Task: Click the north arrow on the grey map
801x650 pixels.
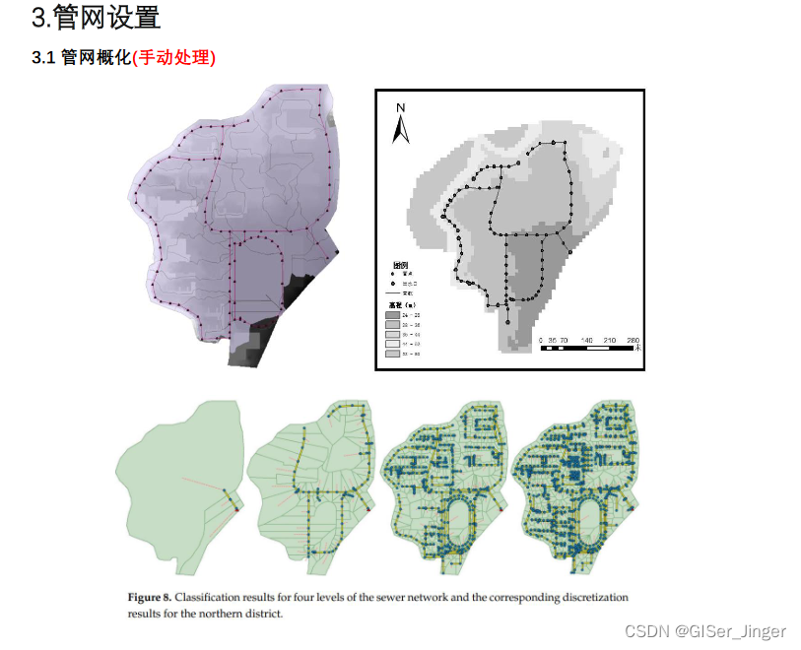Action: click(x=401, y=129)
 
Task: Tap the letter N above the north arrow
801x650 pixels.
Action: click(x=401, y=107)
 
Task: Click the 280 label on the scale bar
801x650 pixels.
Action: click(x=632, y=340)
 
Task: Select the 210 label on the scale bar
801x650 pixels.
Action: click(x=609, y=340)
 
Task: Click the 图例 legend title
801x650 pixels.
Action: click(x=401, y=266)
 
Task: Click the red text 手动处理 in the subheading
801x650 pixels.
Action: click(x=174, y=57)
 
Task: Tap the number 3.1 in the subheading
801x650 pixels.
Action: click(x=43, y=57)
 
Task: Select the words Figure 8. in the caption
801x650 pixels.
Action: click(x=150, y=598)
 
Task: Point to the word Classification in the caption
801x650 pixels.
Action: click(x=213, y=598)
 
